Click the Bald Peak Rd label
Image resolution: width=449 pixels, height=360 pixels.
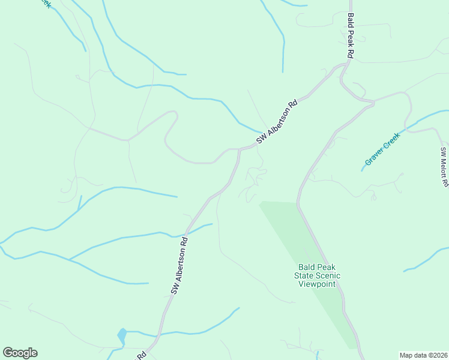point(351,37)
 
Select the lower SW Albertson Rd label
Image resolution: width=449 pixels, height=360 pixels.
point(179,265)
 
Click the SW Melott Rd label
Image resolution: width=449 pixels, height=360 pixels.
point(444,167)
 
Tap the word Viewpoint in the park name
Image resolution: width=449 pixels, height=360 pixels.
point(317,284)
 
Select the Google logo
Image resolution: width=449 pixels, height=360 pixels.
point(20,353)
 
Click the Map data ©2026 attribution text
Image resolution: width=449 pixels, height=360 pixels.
point(423,355)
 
